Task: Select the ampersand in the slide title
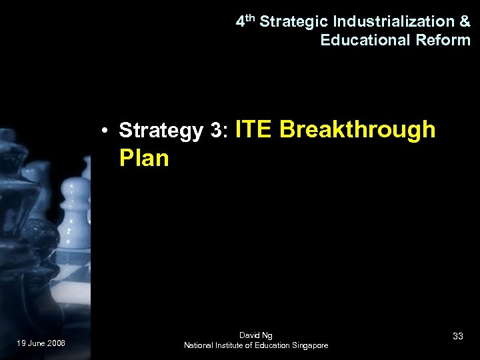click(465, 21)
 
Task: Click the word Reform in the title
click(443, 40)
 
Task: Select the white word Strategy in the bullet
click(160, 131)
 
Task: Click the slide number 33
click(457, 337)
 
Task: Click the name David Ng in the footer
click(255, 335)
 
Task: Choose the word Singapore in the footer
click(307, 345)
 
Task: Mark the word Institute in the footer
click(235, 345)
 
